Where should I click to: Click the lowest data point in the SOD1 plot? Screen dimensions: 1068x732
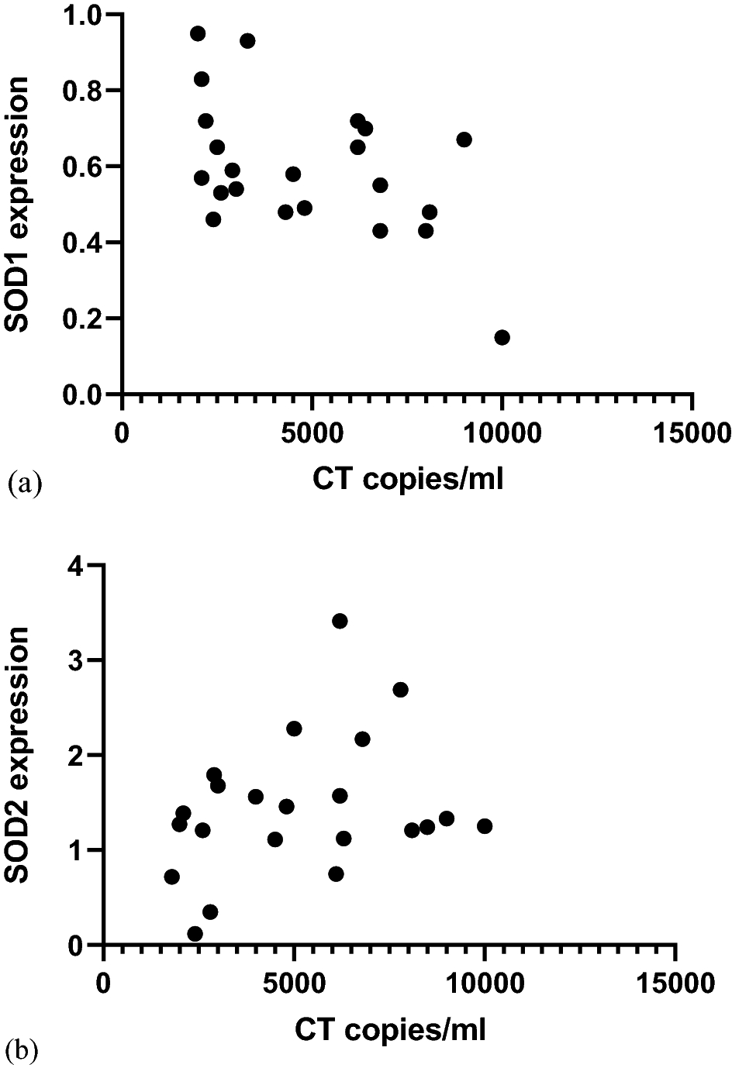click(x=502, y=337)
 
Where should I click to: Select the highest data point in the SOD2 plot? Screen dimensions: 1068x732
click(x=340, y=621)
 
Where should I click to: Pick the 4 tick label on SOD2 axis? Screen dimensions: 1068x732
click(x=75, y=567)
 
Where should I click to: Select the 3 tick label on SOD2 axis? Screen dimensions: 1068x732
click(x=75, y=661)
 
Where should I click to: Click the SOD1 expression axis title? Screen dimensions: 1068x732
click(x=17, y=203)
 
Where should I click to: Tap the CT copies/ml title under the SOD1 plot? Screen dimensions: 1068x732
click(x=408, y=479)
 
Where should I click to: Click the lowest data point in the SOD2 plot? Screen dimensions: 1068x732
click(x=195, y=934)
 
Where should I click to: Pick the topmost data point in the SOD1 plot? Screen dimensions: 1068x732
click(x=198, y=33)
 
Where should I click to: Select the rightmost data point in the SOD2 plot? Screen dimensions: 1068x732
click(x=485, y=826)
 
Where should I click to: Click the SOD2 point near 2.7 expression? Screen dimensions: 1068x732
click(x=400, y=690)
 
